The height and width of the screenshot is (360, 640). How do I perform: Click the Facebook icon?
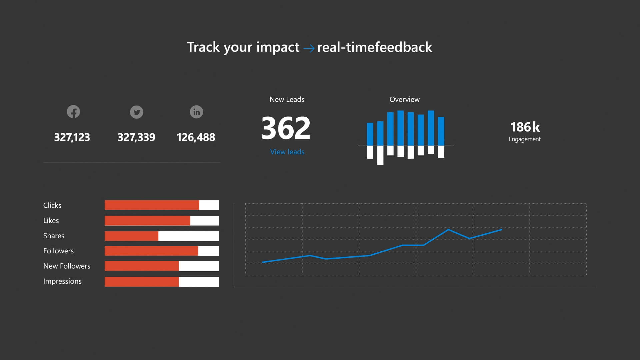point(73,112)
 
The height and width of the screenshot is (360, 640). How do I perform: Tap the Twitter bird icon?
point(136,112)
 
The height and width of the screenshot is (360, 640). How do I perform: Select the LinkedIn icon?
point(196,112)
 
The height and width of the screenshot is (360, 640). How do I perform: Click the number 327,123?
point(72,137)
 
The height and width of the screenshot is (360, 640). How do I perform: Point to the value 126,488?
point(196,137)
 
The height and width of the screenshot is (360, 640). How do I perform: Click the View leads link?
point(287,152)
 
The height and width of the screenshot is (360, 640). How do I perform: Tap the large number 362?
point(286,128)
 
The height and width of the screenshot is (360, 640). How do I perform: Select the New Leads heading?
point(287,99)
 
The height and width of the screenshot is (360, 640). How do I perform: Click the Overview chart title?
point(404,99)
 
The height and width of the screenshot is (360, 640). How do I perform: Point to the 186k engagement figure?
point(525,127)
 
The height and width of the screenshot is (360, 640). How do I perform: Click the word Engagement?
point(524,139)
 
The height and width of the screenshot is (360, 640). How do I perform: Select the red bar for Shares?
point(131,236)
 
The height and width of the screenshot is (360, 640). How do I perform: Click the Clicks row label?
point(52,205)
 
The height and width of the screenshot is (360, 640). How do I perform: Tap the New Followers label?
point(67,266)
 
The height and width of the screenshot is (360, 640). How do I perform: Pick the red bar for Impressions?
point(142,282)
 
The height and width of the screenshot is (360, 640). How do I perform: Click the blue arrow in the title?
point(309,49)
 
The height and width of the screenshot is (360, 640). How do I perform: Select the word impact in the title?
point(278,47)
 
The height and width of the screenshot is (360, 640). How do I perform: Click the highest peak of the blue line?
point(448,229)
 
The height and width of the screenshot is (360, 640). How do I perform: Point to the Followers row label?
point(58,251)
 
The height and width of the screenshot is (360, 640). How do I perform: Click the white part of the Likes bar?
point(204,221)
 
